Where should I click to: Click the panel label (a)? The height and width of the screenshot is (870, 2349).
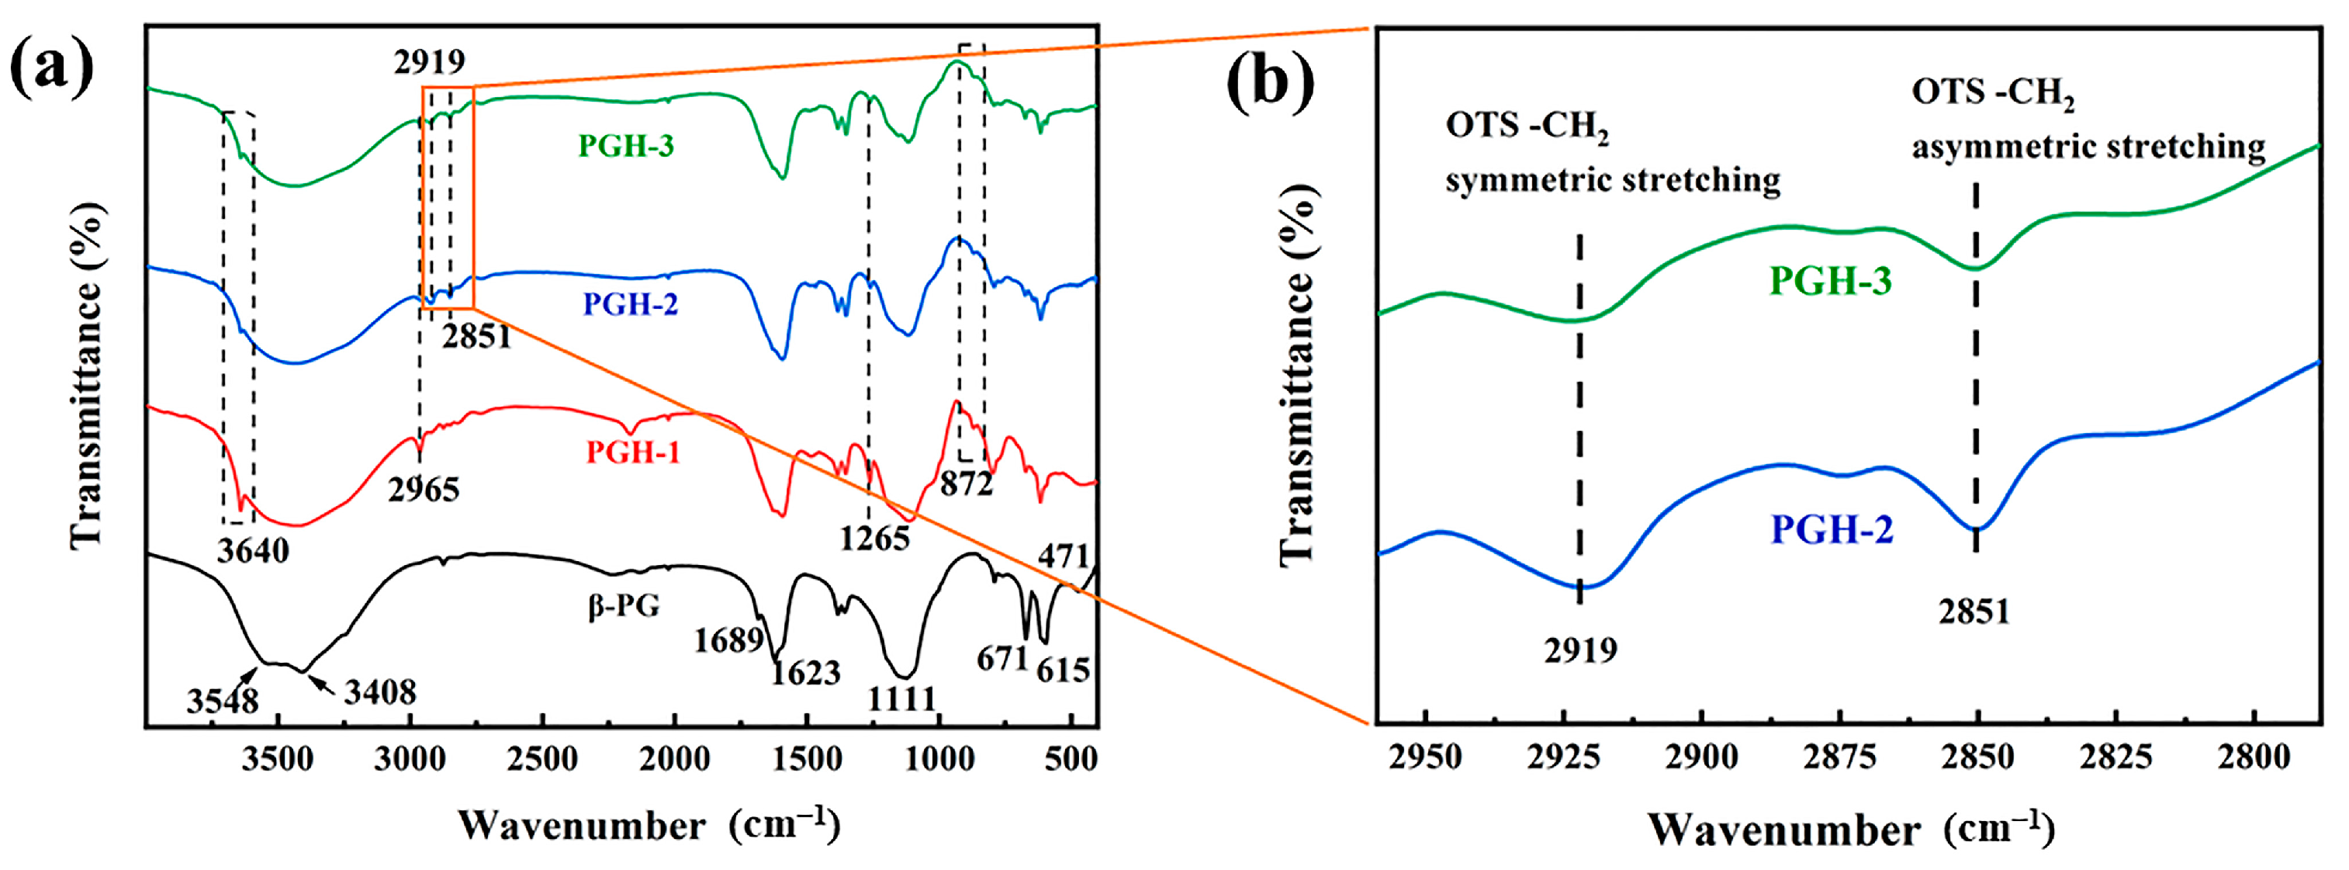point(52,71)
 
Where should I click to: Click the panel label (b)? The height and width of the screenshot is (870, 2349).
point(1270,84)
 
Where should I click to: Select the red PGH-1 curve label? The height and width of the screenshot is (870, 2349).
point(633,452)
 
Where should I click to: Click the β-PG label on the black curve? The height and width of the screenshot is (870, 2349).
point(624,605)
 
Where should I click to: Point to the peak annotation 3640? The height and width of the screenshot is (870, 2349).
point(253,552)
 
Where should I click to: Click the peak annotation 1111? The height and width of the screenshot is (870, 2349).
point(901,699)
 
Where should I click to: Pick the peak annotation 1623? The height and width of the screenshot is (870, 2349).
point(804,674)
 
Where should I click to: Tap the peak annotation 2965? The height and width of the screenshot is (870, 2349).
point(423,490)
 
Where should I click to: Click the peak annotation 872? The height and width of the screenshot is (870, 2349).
point(966,484)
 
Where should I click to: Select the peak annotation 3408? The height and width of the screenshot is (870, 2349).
point(379,693)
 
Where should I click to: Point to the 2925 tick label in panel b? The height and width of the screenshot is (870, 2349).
point(1563,757)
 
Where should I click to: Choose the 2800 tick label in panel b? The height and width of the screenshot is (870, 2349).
point(2254,757)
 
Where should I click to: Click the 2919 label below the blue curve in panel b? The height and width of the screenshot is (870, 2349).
point(1580,651)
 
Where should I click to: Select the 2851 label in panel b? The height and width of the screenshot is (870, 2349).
point(1974,612)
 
